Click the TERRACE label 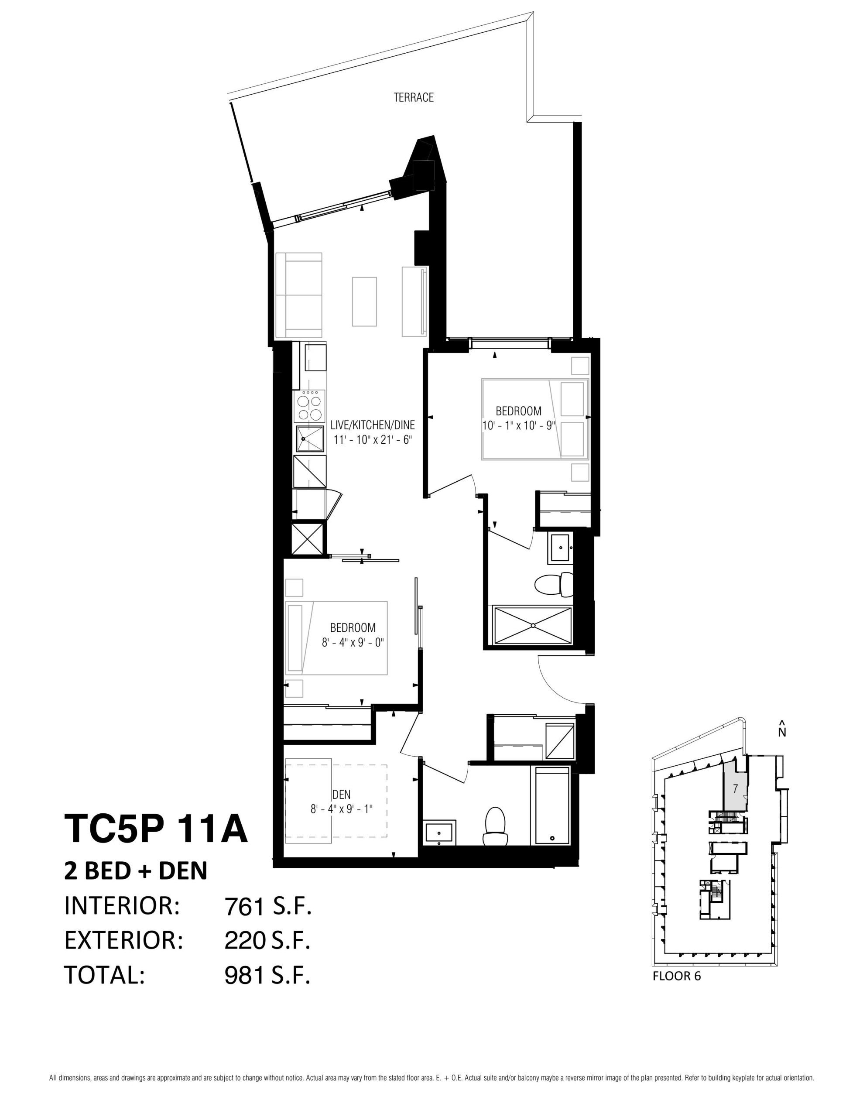pyautogui.click(x=413, y=97)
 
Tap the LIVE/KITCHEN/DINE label pyautogui.click(x=373, y=425)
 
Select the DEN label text pyautogui.click(x=341, y=794)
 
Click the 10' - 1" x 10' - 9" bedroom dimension pyautogui.click(x=519, y=425)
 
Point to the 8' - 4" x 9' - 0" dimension pyautogui.click(x=353, y=642)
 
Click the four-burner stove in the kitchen pyautogui.click(x=309, y=406)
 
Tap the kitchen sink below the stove pyautogui.click(x=309, y=439)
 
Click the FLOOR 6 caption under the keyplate pyautogui.click(x=677, y=976)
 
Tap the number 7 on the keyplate pyautogui.click(x=735, y=788)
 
